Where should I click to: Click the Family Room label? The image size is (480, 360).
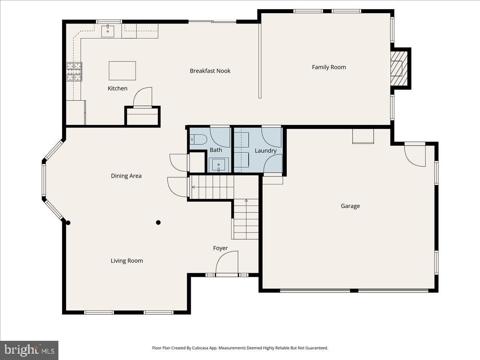pyautogui.click(x=329, y=67)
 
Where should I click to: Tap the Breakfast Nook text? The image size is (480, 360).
pyautogui.click(x=210, y=71)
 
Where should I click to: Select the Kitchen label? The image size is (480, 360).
pyautogui.click(x=118, y=88)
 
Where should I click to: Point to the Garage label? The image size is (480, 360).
pyautogui.click(x=350, y=206)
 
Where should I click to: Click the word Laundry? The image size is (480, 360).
pyautogui.click(x=266, y=151)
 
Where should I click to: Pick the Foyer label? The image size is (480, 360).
pyautogui.click(x=220, y=248)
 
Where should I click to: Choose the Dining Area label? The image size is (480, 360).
pyautogui.click(x=126, y=176)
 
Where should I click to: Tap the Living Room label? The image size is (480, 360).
pyautogui.click(x=127, y=261)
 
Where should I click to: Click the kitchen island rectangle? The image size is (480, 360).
pyautogui.click(x=122, y=71)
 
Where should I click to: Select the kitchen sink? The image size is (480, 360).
pyautogui.click(x=108, y=31)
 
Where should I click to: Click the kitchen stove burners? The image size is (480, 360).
pyautogui.click(x=74, y=72)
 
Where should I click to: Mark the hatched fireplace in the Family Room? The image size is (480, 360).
pyautogui.click(x=399, y=68)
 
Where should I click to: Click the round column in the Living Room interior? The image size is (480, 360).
pyautogui.click(x=158, y=222)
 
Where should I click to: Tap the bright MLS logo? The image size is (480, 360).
pyautogui.click(x=29, y=350)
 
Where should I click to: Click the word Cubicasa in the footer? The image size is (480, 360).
pyautogui.click(x=200, y=348)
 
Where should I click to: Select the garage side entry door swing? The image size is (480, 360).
pyautogui.click(x=415, y=154)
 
